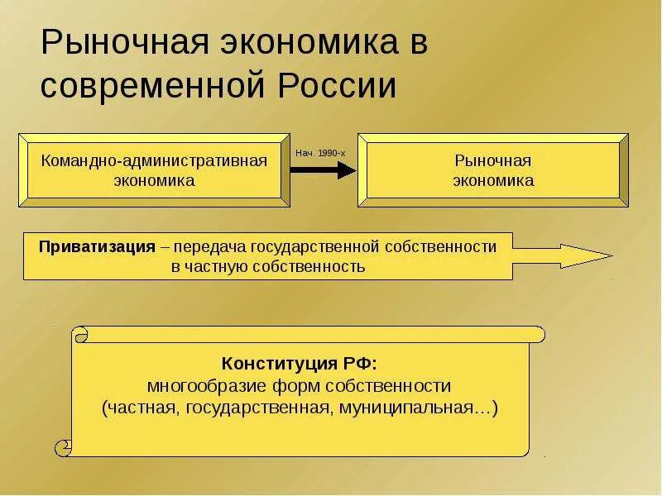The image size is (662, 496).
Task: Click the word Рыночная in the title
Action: pos(121,43)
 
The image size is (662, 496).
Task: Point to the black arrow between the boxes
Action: pos(322,169)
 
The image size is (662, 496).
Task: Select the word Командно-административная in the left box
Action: pos(155,160)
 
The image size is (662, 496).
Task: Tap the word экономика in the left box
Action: pos(155,180)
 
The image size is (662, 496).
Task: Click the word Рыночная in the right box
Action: pos(493,160)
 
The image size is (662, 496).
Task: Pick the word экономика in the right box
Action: pos(493,180)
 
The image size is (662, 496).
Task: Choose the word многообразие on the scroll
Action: pos(203,386)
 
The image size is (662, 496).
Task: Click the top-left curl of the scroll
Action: pos(80,334)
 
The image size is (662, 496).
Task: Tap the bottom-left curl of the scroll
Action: pos(64,448)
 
